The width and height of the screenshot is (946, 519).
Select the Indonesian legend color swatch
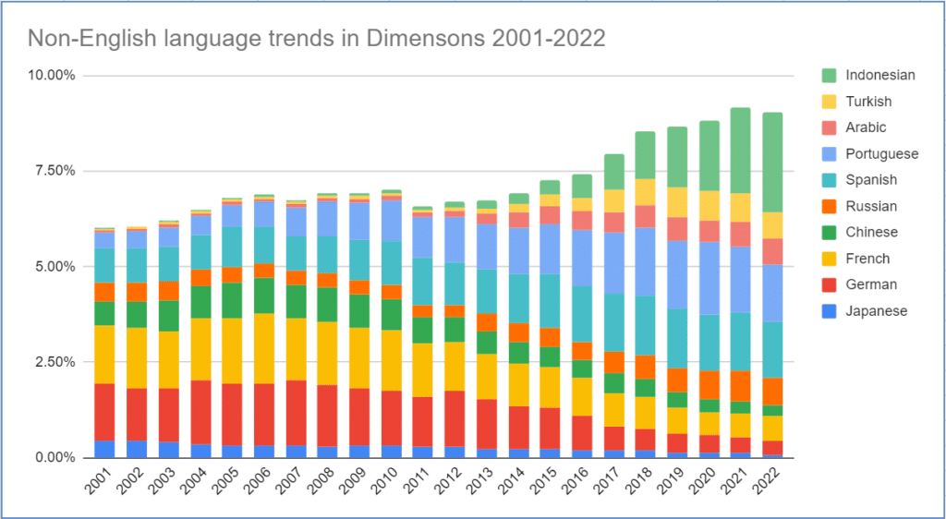click(830, 76)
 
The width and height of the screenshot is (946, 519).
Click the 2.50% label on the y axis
click(55, 362)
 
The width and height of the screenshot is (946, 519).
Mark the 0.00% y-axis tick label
click(55, 458)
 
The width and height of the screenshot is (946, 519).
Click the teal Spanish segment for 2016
click(582, 314)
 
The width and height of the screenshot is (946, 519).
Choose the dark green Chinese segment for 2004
click(200, 302)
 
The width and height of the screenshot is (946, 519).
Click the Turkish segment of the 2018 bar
click(646, 192)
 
